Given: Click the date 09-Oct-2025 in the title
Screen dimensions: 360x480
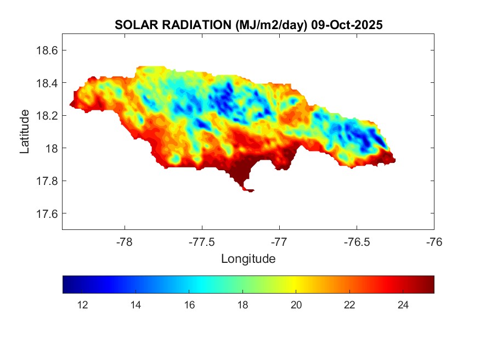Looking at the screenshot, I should [347, 25].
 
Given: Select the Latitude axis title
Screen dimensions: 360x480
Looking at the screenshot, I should [25, 132].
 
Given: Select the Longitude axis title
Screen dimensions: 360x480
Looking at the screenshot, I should [248, 258].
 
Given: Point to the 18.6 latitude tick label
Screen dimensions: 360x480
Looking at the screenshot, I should [46, 50].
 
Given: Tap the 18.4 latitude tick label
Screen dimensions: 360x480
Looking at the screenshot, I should [46, 83].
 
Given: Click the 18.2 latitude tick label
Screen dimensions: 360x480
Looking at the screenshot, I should [46, 116].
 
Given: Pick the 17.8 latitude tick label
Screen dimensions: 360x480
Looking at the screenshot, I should [46, 181].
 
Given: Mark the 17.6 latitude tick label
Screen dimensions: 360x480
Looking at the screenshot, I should [46, 213].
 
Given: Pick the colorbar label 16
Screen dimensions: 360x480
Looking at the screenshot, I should [189, 305].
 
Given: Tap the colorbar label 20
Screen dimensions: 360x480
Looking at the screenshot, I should [296, 305].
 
